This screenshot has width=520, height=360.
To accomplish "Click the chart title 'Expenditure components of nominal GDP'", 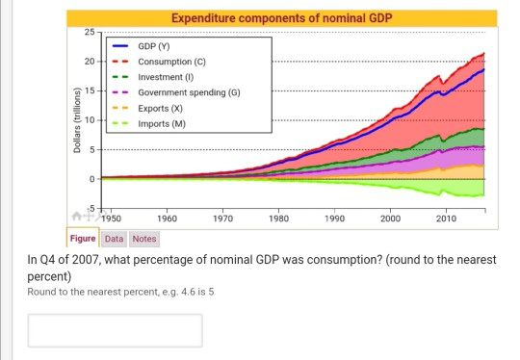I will [281, 18].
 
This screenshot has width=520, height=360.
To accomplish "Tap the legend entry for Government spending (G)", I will [189, 92].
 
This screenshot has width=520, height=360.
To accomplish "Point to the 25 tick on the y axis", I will [89, 34].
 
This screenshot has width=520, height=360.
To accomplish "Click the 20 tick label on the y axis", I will [89, 62].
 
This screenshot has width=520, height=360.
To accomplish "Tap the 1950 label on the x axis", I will [112, 219].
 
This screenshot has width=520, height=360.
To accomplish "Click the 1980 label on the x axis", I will [278, 219].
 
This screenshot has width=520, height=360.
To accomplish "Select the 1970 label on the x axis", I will [222, 219].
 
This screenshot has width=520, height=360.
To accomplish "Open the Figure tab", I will [83, 239].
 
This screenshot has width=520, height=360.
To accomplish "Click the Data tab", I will [114, 239].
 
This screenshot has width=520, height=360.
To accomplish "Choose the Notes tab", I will [143, 239].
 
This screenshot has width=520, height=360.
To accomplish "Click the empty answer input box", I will [115, 330].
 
